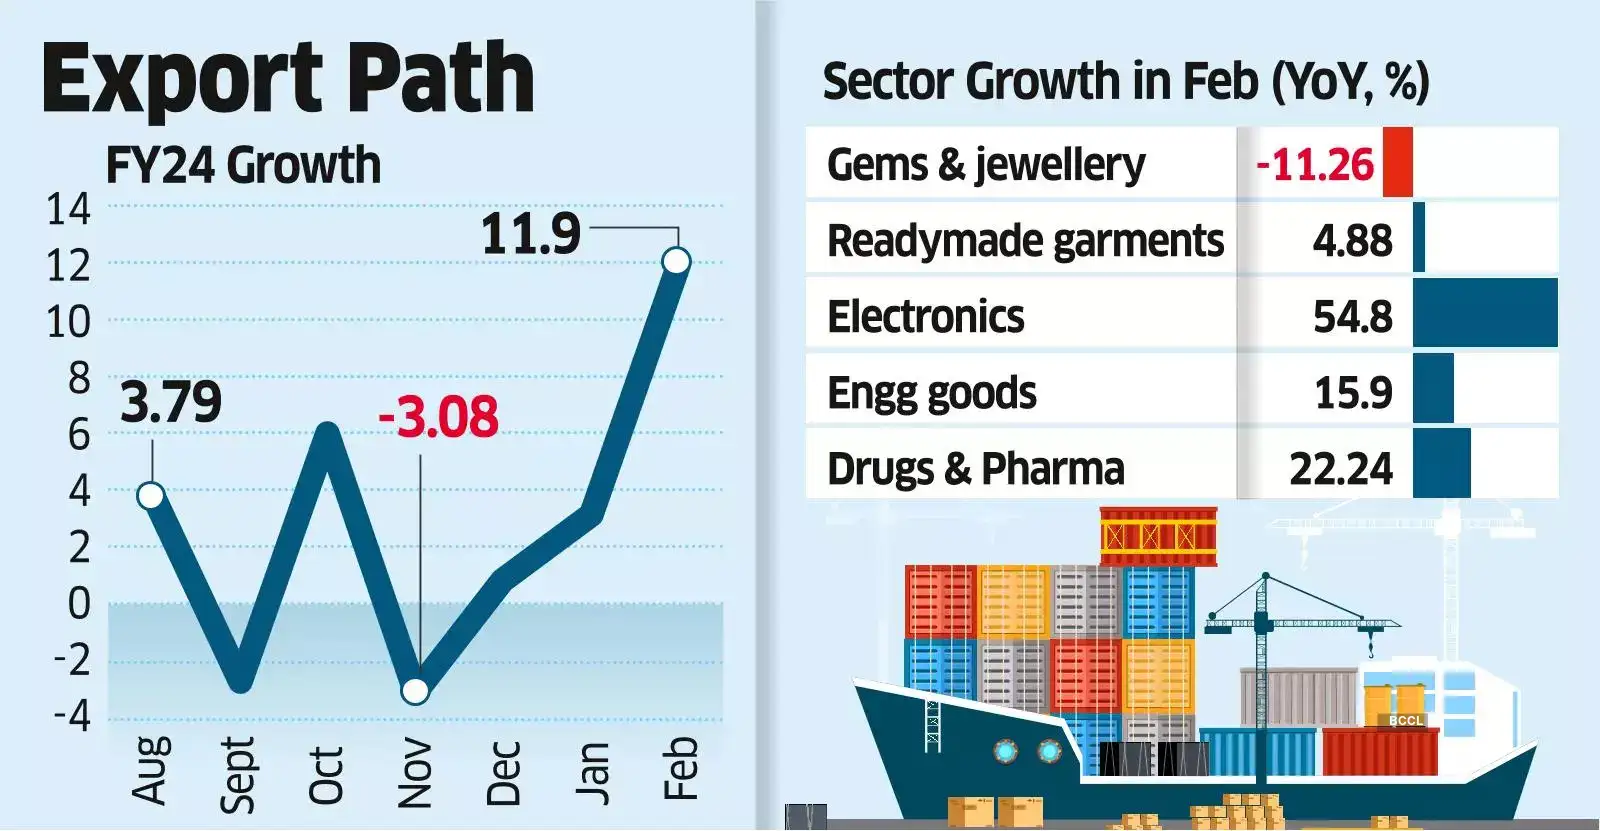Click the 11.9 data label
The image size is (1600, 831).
530,234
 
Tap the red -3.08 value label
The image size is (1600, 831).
438,417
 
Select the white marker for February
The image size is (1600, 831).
677,262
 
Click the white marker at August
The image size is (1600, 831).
151,495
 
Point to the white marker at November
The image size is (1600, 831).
415,691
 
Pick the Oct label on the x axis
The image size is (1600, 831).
326,774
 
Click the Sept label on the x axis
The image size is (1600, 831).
238,774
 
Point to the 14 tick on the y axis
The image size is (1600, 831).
68,209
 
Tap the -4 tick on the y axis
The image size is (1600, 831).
71,716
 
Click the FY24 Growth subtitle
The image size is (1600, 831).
243,165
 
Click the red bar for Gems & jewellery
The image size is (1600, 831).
1397,163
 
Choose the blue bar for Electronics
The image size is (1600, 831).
1484,313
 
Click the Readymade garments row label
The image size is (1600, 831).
1025,240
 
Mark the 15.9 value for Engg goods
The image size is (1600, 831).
1352,392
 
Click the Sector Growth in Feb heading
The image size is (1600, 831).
1125,81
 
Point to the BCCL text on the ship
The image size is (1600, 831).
1405,720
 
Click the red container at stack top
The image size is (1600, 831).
1158,536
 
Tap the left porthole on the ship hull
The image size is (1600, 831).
1004,749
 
